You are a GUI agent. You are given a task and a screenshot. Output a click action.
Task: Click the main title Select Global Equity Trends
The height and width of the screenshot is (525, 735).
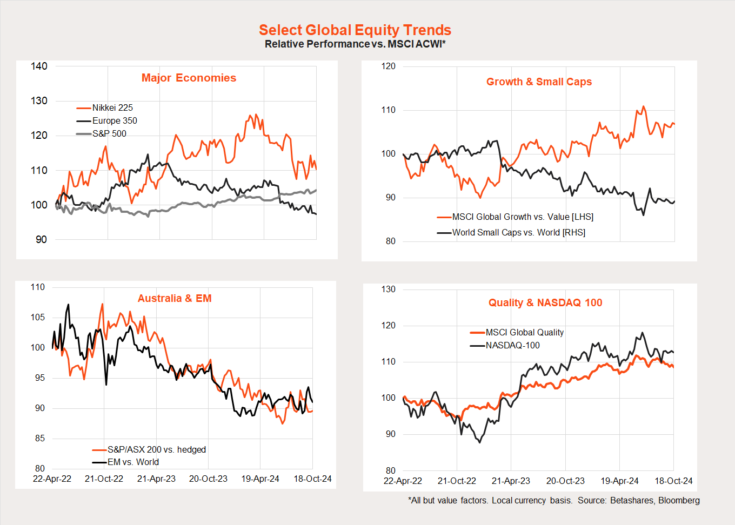[x=355, y=30]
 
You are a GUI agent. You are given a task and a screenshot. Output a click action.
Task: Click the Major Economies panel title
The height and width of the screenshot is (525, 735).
[x=189, y=78]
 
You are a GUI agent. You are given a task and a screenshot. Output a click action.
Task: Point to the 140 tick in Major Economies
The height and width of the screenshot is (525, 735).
[x=39, y=66]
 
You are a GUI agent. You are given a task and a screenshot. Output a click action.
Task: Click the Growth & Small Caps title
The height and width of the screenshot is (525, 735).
[x=539, y=82]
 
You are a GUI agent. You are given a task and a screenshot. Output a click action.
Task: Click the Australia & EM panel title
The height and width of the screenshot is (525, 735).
[x=175, y=299]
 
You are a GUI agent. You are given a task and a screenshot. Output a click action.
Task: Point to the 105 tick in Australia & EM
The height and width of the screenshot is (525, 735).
[x=38, y=318]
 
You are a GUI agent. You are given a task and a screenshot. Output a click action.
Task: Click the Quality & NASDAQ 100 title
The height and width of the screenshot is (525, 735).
[x=545, y=303]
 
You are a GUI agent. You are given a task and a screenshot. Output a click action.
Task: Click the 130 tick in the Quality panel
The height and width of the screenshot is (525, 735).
[x=389, y=290]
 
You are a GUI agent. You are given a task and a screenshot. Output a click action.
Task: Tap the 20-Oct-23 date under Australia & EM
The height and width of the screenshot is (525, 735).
[x=208, y=479]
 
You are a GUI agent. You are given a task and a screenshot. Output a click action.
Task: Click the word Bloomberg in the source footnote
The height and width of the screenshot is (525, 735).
[x=679, y=501]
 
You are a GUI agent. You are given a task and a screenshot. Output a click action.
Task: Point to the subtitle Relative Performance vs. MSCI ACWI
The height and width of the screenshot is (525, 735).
[x=355, y=44]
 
